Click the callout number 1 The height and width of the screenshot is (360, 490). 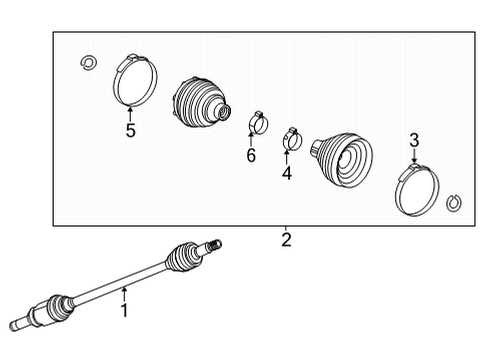(x=124, y=311)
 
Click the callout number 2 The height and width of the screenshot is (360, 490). (x=286, y=239)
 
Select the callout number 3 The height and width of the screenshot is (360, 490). (x=414, y=140)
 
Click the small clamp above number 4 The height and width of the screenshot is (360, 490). (x=292, y=138)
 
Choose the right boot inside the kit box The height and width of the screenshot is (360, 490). (x=342, y=158)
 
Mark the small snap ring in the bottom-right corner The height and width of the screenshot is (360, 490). (x=454, y=203)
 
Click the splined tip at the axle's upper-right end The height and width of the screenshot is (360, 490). (x=214, y=245)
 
